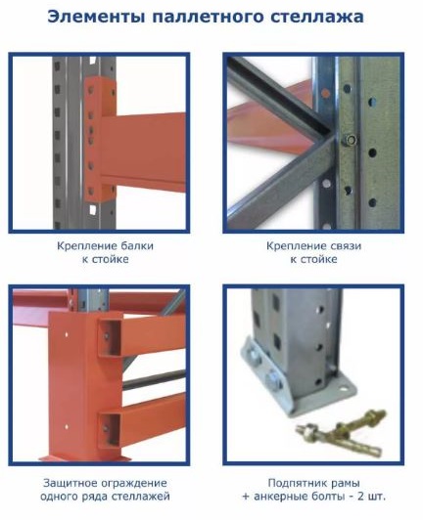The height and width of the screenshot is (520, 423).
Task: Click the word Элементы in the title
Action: coord(96,17)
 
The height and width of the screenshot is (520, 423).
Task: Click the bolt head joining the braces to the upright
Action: coord(350,140)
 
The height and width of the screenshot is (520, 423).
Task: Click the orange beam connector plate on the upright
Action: coord(99,139)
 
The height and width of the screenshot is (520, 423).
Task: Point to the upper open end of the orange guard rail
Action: coord(110,337)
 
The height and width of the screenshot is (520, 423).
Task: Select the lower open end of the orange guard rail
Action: coord(110,430)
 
